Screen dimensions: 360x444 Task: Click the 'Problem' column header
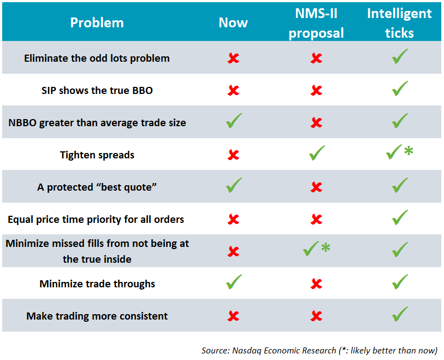pos(97,23)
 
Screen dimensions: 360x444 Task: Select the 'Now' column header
pos(233,23)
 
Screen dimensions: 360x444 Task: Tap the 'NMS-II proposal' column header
pos(316,23)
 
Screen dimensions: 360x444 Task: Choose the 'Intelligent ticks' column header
pos(399,23)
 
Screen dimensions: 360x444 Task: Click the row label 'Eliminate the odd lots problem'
pos(97,58)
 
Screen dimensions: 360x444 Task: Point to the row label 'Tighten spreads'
pos(97,155)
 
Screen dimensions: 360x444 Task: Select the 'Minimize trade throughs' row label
pos(97,284)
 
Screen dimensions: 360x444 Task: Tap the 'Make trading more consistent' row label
pos(97,316)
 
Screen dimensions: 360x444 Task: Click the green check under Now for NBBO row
pos(234,122)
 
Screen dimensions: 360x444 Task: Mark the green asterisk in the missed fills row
pos(325,248)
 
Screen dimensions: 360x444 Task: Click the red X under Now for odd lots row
pos(233,58)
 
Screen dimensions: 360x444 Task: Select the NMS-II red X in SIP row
pos(316,90)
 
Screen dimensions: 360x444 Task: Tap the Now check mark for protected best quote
pos(234,186)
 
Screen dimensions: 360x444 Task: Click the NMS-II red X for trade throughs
pos(316,284)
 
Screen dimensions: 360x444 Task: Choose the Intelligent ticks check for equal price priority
pos(400,219)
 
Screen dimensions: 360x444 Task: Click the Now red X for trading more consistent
pos(233,316)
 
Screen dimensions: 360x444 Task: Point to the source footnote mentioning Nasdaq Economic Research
pos(319,350)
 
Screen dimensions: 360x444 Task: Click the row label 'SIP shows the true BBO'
pos(97,90)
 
